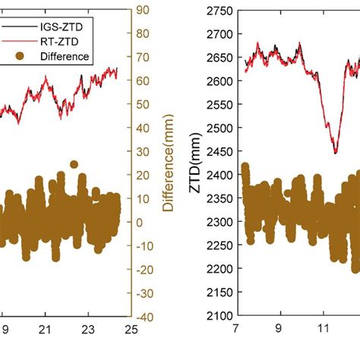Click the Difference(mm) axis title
(x=168, y=167)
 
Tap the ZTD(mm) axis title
(x=199, y=161)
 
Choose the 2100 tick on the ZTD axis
(x=219, y=316)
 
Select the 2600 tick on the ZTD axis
(x=219, y=81)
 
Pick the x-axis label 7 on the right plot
(x=237, y=332)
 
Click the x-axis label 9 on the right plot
(x=280, y=332)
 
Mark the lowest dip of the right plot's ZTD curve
(x=335, y=152)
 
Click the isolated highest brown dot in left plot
(x=74, y=164)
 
